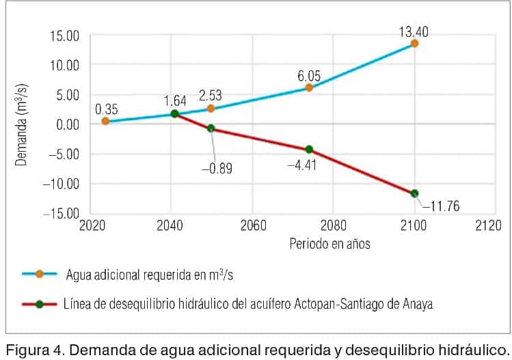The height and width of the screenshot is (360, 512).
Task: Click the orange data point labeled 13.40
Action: pos(414,43)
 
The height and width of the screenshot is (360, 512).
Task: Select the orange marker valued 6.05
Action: pos(309,87)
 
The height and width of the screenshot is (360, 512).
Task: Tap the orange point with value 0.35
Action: pos(105,121)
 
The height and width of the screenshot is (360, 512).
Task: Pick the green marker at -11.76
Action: pos(414,193)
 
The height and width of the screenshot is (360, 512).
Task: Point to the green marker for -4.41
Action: pos(309,150)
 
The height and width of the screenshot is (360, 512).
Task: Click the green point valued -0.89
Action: pos(211,128)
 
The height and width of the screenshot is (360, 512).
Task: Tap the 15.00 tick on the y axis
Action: pos(65,36)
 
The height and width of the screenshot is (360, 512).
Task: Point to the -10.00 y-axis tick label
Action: pos(62,184)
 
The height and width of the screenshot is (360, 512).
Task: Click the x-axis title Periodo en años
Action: pos(329,243)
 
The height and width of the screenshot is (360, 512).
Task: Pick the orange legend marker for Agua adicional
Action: pos(40,274)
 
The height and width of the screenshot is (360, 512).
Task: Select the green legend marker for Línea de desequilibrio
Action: pos(40,304)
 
